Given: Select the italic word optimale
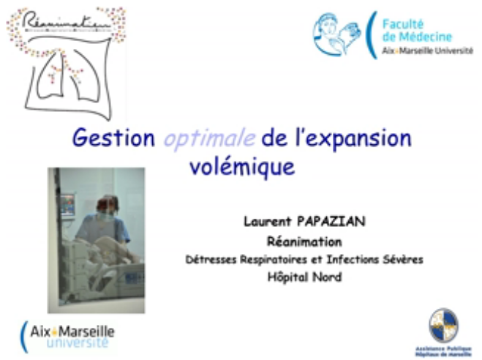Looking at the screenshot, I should click(199, 139).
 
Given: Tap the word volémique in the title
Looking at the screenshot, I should click(241, 165).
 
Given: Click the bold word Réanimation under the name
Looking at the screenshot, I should click(304, 241).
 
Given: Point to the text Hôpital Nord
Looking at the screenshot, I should click(304, 277).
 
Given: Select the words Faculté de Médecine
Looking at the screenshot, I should click(417, 29).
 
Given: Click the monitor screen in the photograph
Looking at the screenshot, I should click(67, 204).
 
